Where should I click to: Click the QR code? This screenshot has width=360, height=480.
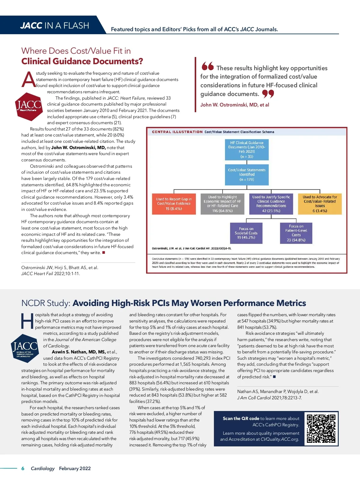(321, 428)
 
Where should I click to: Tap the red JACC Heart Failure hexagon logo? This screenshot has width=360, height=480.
(29, 107)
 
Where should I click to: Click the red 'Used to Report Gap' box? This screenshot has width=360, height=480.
(174, 204)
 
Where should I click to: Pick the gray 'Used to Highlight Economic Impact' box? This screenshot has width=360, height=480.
(222, 204)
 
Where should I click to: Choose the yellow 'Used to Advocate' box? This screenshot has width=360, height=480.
(320, 204)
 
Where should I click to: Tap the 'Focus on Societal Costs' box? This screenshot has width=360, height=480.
(246, 233)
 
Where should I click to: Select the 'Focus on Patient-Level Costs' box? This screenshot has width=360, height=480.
(296, 233)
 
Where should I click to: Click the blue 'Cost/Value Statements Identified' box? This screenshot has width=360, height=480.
(247, 175)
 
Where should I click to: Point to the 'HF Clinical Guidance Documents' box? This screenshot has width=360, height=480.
(247, 149)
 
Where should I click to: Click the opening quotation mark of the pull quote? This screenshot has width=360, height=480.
(208, 66)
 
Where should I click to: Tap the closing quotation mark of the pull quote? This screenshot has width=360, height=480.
(268, 94)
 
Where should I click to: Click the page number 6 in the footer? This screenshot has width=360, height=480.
(23, 468)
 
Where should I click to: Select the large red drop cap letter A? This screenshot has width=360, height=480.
(28, 80)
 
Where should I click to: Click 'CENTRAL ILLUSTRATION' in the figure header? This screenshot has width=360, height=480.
(177, 132)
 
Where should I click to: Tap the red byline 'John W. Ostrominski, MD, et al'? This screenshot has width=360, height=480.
(235, 105)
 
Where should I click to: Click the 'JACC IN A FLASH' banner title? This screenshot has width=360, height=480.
(55, 25)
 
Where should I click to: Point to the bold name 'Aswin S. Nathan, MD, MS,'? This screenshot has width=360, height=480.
(79, 352)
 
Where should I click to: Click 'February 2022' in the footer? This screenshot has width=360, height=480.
(75, 468)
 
